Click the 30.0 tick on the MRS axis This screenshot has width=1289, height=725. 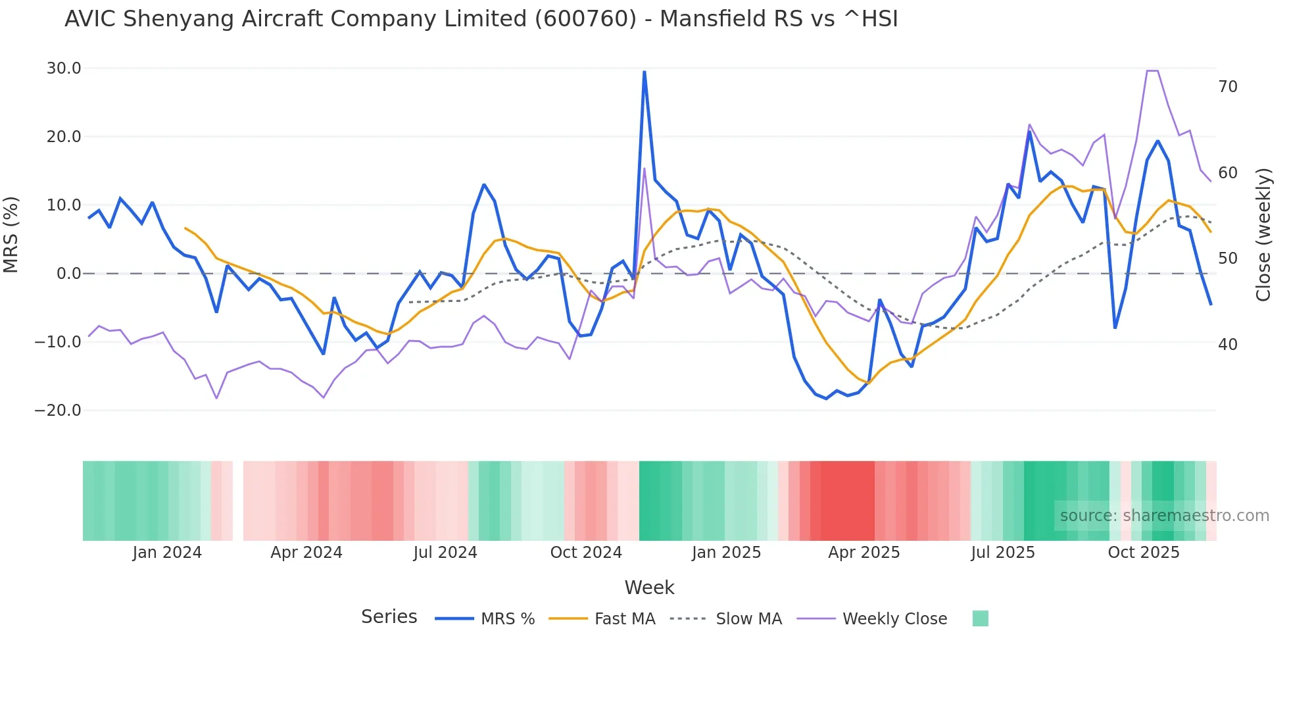(63, 68)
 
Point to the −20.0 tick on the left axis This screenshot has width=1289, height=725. (58, 411)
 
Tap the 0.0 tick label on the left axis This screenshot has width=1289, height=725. (68, 274)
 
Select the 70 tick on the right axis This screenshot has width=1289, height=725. (1227, 87)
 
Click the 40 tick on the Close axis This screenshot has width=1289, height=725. (1227, 345)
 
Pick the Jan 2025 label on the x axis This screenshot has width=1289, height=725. (726, 553)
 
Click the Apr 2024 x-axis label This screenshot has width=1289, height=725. (306, 553)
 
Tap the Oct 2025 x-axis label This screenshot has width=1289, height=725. (1144, 553)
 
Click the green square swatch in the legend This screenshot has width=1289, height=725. (980, 618)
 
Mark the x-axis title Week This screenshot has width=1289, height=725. (649, 587)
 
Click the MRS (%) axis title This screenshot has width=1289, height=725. (11, 234)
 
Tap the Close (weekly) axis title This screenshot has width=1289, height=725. (1263, 234)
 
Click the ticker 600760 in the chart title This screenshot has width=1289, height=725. (585, 19)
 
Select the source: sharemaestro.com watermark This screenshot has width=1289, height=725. (1164, 516)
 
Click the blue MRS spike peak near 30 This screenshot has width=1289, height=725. (644, 72)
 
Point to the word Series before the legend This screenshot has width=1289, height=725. (389, 617)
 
